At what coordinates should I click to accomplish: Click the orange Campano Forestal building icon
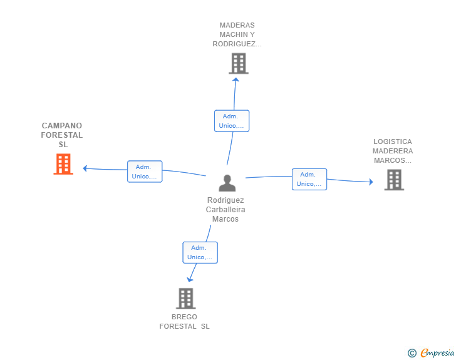pyautogui.click(x=63, y=164)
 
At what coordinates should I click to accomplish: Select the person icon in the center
pyautogui.click(x=227, y=183)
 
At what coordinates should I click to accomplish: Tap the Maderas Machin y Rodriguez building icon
pyautogui.click(x=238, y=63)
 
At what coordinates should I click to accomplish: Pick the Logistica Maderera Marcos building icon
pyautogui.click(x=393, y=180)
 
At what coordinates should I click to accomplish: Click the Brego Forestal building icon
pyautogui.click(x=185, y=299)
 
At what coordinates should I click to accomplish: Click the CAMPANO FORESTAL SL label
pyautogui.click(x=62, y=135)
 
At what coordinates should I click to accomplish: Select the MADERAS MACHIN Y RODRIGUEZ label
pyautogui.click(x=237, y=35)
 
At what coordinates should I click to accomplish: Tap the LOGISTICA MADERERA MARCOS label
pyautogui.click(x=393, y=151)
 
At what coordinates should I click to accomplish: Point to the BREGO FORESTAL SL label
pyautogui.click(x=184, y=321)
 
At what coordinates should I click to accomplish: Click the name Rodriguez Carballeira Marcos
pyautogui.click(x=225, y=210)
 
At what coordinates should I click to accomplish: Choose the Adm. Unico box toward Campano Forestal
pyautogui.click(x=145, y=172)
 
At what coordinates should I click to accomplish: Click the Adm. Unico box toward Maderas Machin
pyautogui.click(x=232, y=121)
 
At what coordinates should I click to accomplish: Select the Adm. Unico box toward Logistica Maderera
pyautogui.click(x=309, y=179)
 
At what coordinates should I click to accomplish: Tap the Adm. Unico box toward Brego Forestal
pyautogui.click(x=200, y=252)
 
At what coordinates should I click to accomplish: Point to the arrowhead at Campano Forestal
pyautogui.click(x=86, y=168)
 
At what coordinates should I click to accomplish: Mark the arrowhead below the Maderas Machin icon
pyautogui.click(x=236, y=79)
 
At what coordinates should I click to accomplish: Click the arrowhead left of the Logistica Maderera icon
pyautogui.click(x=370, y=182)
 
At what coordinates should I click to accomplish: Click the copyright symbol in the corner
pyautogui.click(x=412, y=353)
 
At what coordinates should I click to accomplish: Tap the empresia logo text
pyautogui.click(x=437, y=353)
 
